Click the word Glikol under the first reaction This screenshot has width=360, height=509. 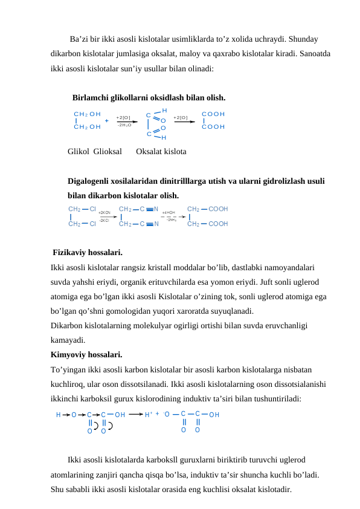(x=79, y=151)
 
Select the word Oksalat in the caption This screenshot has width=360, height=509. (x=150, y=151)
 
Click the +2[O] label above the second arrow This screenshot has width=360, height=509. (x=181, y=117)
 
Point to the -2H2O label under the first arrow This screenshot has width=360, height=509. (x=124, y=125)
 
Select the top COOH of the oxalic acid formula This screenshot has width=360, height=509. (x=213, y=114)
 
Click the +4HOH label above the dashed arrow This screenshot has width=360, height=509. (x=169, y=213)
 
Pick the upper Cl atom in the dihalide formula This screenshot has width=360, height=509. (x=92, y=209)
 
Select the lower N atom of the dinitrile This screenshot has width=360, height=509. (x=156, y=224)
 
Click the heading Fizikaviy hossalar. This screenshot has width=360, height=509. (x=88, y=252)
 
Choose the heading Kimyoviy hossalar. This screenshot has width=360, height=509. (x=87, y=354)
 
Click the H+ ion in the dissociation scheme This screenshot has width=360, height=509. (x=149, y=415)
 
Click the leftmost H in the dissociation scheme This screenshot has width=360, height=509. (x=58, y=415)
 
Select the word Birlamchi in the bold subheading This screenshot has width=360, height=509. (x=91, y=97)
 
